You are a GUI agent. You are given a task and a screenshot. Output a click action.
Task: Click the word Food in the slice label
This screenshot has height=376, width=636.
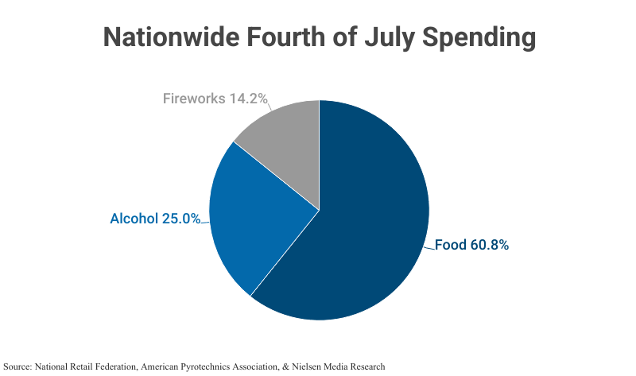tap(450, 245)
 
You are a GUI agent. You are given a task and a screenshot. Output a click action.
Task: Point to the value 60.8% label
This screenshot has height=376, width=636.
tap(489, 245)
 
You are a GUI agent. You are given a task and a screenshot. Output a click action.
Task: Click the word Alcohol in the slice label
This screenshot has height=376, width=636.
tap(134, 219)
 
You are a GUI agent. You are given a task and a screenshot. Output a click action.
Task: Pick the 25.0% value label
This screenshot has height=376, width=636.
tap(180, 219)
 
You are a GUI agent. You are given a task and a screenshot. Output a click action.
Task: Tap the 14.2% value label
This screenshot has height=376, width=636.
tap(248, 99)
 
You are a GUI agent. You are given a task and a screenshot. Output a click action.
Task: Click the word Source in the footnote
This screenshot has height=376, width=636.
tap(17, 366)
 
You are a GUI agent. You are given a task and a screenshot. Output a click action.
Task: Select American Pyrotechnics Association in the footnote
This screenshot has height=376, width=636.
tap(211, 366)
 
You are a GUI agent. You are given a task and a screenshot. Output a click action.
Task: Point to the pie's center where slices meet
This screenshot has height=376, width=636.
tap(319, 210)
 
